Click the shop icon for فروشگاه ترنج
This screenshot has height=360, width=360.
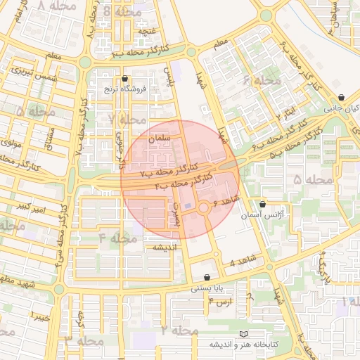(x=125, y=79)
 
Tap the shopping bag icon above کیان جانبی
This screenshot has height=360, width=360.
(x=341, y=98)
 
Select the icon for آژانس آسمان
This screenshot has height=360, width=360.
(x=263, y=203)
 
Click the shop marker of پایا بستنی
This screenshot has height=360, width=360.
(x=207, y=277)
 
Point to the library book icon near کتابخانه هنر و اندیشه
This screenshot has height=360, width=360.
(x=244, y=333)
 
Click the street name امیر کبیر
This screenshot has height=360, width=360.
(x=34, y=208)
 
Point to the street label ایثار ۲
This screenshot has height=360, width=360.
(x=287, y=111)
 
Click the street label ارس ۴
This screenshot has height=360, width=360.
(x=220, y=301)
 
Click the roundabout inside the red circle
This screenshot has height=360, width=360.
(x=204, y=207)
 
